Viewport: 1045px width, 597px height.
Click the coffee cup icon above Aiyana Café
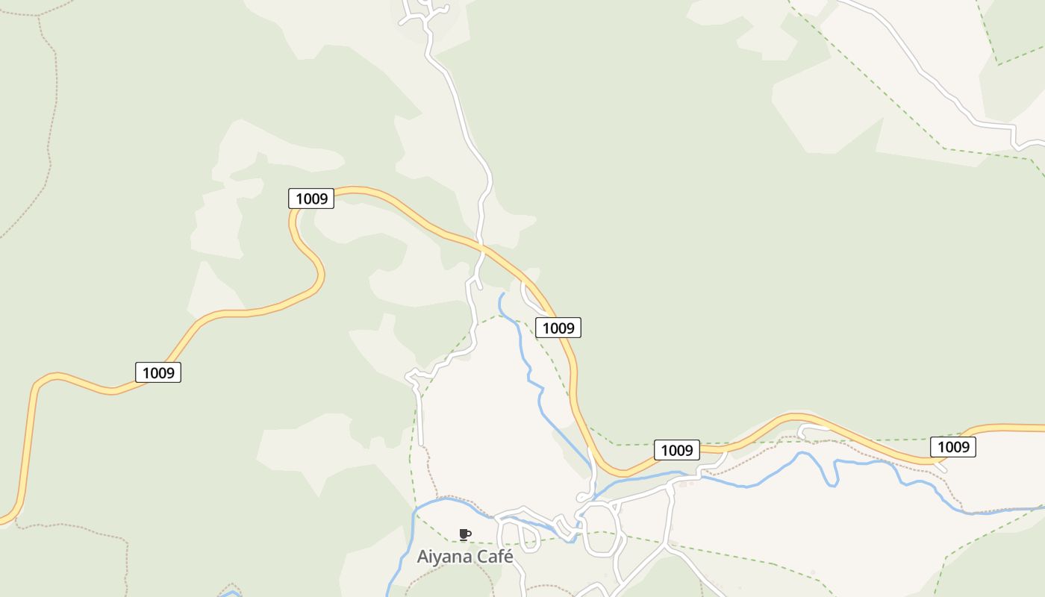tap(464, 534)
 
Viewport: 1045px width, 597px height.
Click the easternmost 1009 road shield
tap(953, 447)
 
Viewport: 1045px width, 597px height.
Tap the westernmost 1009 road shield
tap(158, 372)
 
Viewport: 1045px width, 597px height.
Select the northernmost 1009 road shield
tap(311, 199)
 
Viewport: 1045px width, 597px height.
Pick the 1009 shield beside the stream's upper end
tap(558, 328)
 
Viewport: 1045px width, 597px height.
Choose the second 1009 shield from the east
tap(677, 450)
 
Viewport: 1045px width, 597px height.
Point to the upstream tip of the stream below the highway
tap(503, 294)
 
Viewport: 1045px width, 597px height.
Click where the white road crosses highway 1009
tap(482, 246)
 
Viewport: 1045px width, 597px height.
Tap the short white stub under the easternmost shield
tap(941, 467)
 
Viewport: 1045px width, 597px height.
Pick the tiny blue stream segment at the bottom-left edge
tap(231, 594)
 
